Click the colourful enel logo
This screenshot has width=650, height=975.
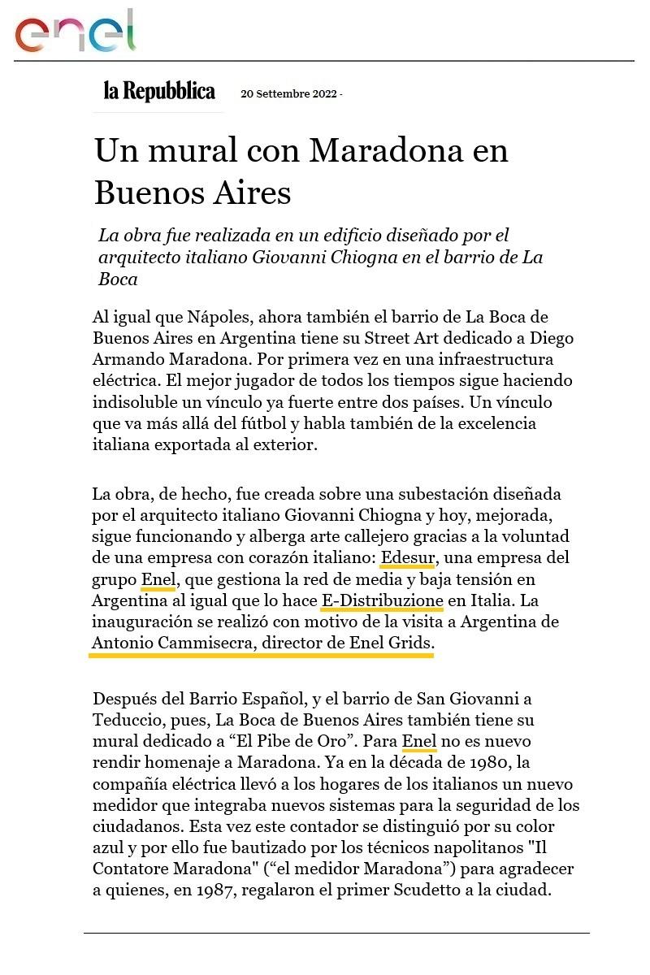coord(75,32)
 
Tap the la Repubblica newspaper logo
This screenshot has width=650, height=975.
coord(159,91)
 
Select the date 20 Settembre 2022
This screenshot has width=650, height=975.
coord(288,93)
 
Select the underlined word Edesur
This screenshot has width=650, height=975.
coord(409,558)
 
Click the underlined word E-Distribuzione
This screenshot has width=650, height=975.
coord(382,601)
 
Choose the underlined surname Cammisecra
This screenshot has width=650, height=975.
coord(204,643)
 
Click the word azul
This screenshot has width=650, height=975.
coord(106,847)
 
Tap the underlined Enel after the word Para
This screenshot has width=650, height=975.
coord(419,741)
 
